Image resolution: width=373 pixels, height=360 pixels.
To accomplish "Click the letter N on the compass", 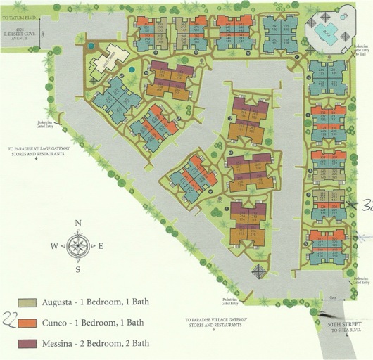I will [79, 223].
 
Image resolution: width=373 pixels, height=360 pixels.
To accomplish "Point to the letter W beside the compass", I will [54, 246].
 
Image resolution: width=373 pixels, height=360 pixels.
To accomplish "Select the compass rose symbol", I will [79, 246].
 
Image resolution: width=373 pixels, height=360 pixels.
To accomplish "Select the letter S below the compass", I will [79, 269].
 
